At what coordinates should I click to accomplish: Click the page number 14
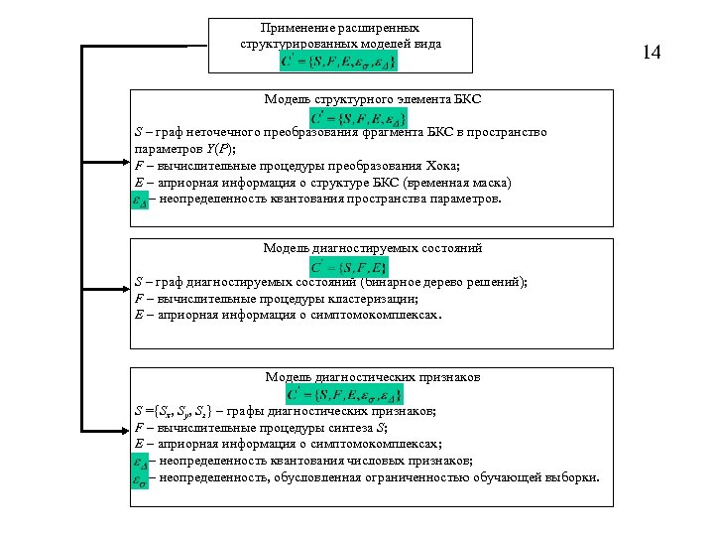click(x=652, y=52)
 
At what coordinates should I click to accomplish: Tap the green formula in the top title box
click(x=339, y=62)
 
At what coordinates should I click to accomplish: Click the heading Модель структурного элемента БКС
click(x=372, y=99)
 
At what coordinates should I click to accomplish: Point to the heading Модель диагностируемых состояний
click(x=372, y=247)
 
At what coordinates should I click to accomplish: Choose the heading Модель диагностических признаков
click(x=372, y=377)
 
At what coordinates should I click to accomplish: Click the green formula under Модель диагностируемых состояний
click(x=349, y=266)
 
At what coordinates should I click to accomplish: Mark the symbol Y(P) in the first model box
click(x=213, y=148)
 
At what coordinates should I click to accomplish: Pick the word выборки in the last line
click(x=571, y=477)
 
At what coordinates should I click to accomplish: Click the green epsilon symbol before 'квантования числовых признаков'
click(x=140, y=461)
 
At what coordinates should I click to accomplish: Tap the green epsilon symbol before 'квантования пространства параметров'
click(x=140, y=199)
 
